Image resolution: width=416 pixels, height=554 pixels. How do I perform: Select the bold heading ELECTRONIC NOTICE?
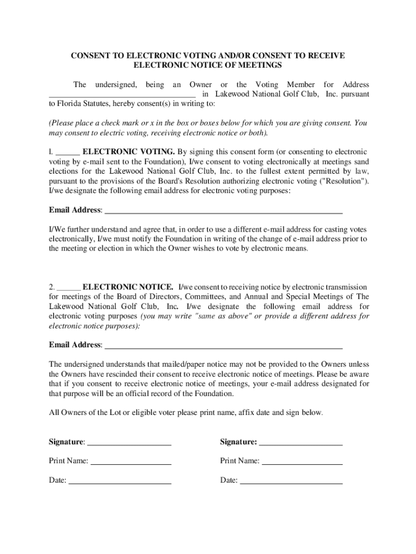tap(128, 287)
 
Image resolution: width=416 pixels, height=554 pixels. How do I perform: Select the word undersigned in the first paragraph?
tap(116, 84)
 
